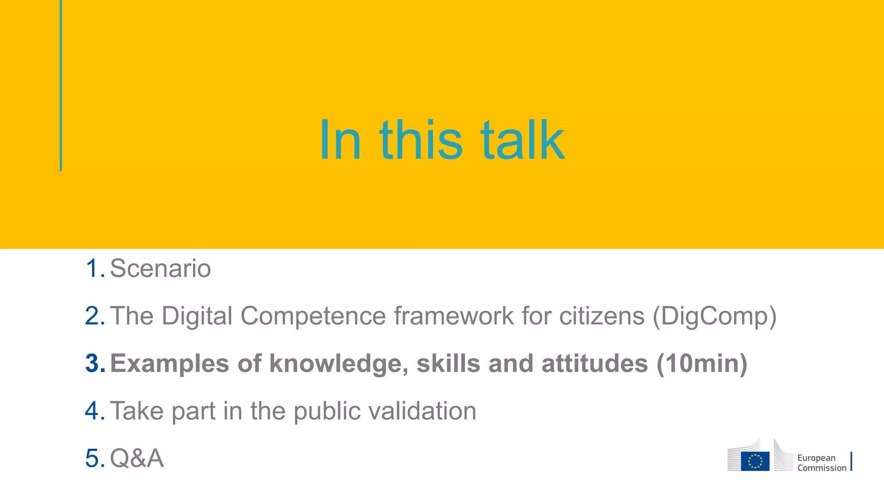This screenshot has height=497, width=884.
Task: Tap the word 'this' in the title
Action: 421,140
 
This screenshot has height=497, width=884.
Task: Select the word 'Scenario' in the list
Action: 160,268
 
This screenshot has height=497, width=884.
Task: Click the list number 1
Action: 94,268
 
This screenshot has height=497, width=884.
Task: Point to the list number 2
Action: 94,316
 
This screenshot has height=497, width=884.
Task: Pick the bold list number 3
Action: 94,363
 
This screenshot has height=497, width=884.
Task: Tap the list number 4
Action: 94,411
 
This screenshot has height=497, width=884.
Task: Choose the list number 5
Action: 94,458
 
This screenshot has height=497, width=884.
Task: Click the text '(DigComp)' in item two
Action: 714,316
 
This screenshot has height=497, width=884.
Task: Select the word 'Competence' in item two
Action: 313,316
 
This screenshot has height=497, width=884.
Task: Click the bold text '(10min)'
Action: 702,364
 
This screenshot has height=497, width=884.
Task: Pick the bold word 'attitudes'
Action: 594,364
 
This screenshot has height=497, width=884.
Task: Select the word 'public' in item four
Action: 327,411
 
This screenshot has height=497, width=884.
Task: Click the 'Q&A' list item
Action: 137,458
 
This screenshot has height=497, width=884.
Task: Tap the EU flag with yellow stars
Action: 755,461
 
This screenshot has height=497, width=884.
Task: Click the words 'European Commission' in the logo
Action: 821,463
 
